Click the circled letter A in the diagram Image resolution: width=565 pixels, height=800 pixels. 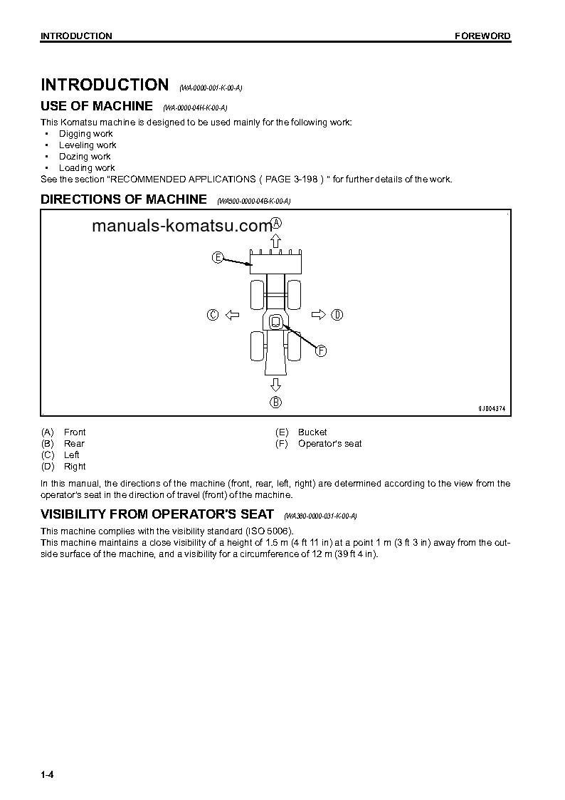pos(276,223)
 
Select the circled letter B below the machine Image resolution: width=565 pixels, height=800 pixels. pos(275,402)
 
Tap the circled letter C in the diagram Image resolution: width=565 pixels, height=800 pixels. pos(212,315)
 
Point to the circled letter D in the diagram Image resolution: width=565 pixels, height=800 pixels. pos(337,315)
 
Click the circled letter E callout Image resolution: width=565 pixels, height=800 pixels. pos(218,257)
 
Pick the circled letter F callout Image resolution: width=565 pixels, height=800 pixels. pos(321,350)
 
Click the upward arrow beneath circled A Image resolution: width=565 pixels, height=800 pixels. pos(276,239)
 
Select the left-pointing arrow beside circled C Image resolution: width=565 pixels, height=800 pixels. pos(231,315)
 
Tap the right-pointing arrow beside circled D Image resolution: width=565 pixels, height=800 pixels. pos(319,315)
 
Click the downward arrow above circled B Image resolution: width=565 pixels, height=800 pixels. pos(275,385)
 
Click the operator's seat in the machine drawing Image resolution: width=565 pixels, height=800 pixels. pos(275,322)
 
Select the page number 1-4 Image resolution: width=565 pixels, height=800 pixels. pos(48,774)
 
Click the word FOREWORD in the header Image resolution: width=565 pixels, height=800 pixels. pos(482,36)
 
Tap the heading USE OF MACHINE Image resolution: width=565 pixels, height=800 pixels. pos(97,106)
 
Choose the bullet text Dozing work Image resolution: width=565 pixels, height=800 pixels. pos(85,157)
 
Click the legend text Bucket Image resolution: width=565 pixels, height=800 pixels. pos(312,432)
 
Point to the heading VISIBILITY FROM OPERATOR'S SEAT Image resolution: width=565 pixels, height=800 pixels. pos(157,514)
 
